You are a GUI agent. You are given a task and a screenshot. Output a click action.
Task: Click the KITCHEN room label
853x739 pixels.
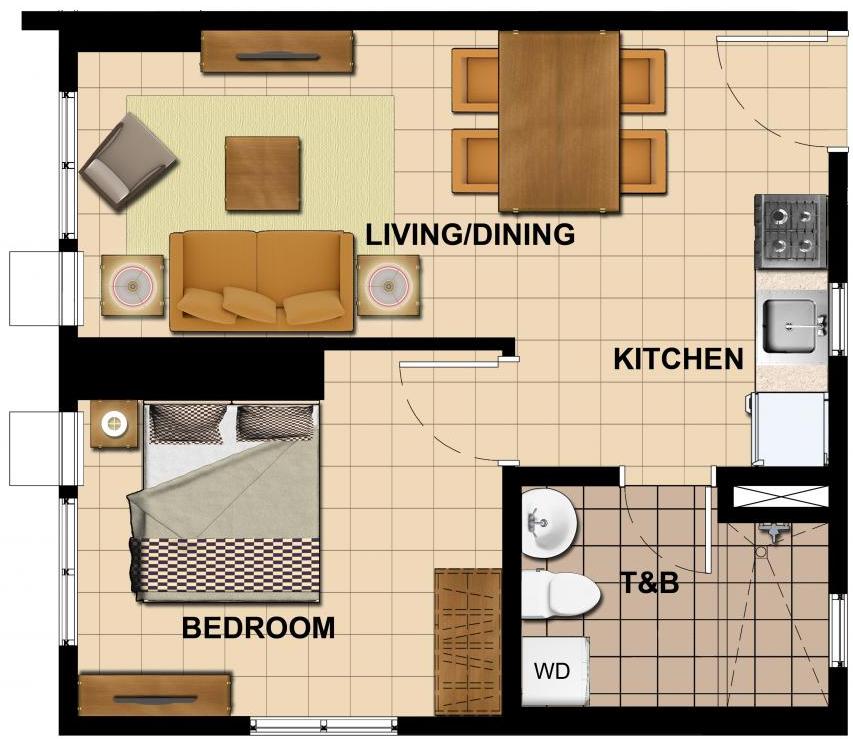click(x=678, y=359)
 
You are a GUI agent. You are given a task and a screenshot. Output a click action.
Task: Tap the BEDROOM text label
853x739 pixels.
click(x=258, y=627)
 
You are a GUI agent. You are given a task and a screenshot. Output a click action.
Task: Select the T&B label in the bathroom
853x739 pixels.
click(x=650, y=582)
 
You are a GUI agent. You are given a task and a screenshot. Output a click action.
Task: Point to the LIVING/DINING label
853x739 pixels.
click(x=470, y=235)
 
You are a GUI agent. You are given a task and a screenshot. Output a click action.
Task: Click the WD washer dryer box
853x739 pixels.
click(x=555, y=671)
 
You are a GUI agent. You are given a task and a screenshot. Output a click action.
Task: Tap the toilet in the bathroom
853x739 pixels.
click(x=560, y=594)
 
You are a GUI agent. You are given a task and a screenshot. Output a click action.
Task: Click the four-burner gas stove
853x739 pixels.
click(x=790, y=232)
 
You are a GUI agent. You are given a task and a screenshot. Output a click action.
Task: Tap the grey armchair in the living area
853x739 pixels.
click(x=128, y=161)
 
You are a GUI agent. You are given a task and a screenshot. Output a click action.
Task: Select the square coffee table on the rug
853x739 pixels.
click(x=263, y=174)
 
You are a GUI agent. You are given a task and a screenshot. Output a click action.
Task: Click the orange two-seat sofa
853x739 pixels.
click(x=262, y=281)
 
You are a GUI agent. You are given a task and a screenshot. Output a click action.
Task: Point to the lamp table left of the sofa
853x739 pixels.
click(x=133, y=285)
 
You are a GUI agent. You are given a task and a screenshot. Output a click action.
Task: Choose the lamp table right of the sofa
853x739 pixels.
click(x=388, y=286)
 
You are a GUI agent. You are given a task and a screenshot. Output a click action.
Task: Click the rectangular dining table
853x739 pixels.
click(x=559, y=121)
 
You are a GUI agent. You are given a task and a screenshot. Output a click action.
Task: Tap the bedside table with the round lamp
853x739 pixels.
click(x=114, y=424)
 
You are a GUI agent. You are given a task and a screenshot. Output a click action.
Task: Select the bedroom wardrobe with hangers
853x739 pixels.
click(x=468, y=642)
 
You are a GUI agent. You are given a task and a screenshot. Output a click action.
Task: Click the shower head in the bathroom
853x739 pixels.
click(x=773, y=531)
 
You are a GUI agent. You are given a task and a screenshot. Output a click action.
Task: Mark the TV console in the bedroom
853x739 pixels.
click(x=156, y=695)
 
